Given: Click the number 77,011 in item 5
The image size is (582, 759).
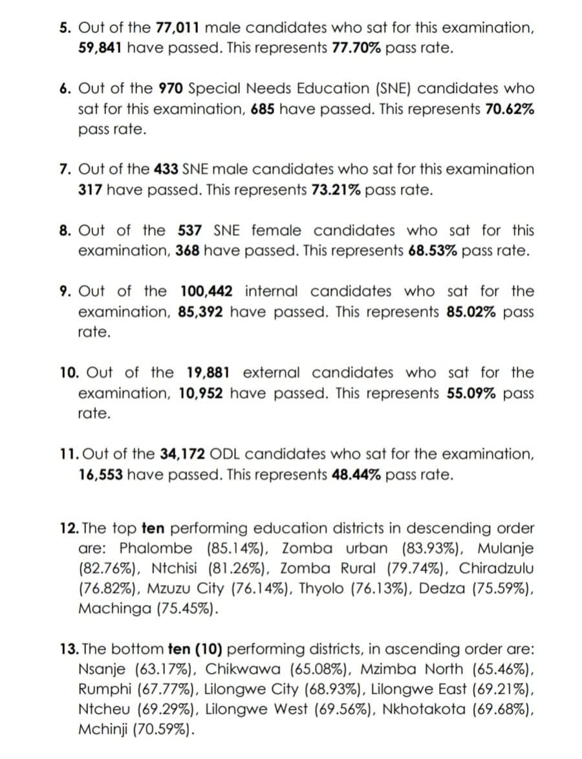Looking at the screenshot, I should coord(177,28).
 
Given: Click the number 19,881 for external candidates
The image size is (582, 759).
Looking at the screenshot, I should coord(210,373).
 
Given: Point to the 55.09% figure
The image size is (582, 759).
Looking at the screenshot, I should coord(471,393).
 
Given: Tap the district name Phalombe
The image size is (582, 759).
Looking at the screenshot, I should coord(156,549).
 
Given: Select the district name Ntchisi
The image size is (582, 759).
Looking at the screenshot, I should coord(178,569).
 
